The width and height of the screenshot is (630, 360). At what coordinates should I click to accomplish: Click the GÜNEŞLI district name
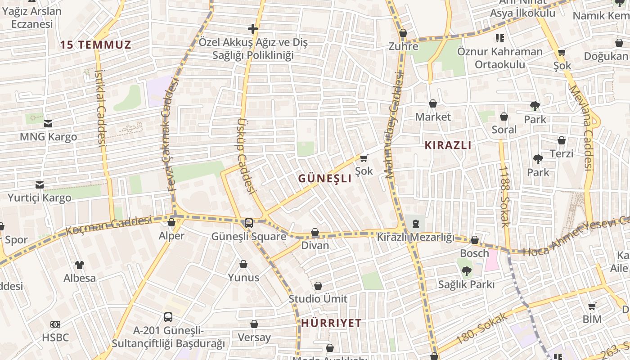(x=324, y=178)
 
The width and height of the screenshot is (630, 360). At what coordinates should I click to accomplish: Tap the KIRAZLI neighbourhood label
(x=448, y=145)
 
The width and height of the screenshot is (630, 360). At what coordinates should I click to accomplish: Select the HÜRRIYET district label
(x=331, y=323)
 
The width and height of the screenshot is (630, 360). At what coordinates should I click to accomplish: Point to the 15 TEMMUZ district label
(x=96, y=45)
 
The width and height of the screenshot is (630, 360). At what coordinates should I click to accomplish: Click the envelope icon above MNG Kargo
(x=48, y=123)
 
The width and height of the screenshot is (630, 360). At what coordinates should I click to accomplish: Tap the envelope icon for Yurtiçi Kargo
(x=40, y=184)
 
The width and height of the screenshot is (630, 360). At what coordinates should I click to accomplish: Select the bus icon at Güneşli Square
(x=248, y=223)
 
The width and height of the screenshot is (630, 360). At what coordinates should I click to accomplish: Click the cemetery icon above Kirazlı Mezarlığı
(x=415, y=224)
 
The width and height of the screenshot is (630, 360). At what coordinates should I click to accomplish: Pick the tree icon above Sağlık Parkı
(x=467, y=271)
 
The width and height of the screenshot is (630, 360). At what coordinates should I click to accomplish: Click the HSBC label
(x=55, y=337)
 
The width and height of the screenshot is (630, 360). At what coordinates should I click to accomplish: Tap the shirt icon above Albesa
(x=79, y=265)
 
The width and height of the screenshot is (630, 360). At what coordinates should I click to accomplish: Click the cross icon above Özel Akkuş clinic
(x=253, y=29)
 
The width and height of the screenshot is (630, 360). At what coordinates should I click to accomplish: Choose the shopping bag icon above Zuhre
(x=403, y=33)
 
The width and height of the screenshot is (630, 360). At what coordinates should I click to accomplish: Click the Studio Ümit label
(x=318, y=299)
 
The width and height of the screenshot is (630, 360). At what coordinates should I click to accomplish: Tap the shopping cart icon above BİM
(x=592, y=306)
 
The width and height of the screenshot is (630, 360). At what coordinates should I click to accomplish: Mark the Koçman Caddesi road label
(x=108, y=225)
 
